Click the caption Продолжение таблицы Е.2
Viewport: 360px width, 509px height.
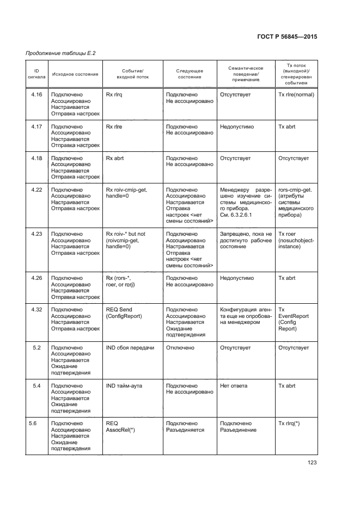point(57,52)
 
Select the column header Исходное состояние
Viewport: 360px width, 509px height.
point(75,74)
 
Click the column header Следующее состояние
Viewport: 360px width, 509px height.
point(190,74)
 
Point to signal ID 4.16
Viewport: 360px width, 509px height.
point(36,94)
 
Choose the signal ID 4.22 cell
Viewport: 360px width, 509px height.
point(36,189)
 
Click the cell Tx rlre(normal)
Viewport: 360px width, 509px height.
point(296,94)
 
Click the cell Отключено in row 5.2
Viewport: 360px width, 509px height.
point(180,347)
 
